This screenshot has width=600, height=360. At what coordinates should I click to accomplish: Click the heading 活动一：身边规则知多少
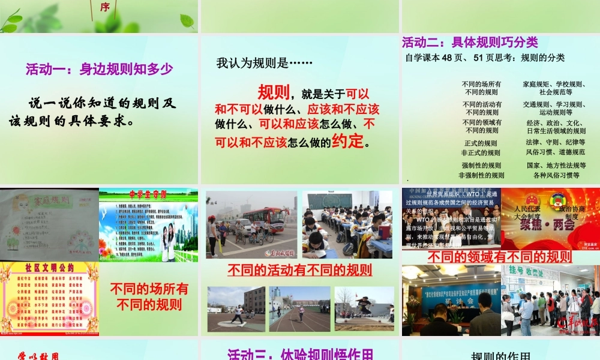pos(99,70)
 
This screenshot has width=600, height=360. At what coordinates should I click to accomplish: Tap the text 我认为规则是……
pos(265,62)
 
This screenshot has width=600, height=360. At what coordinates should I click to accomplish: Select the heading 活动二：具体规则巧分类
pos(470,43)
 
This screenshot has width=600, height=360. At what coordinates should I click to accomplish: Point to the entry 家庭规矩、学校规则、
pos(554,85)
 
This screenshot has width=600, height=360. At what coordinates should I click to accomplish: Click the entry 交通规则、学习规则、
pos(554,104)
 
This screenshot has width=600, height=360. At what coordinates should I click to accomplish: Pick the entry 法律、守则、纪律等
pos(555,143)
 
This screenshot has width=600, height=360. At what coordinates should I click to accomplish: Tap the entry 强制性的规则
pos(481,166)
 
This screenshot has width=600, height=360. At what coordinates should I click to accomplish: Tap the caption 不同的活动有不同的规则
pos(299,270)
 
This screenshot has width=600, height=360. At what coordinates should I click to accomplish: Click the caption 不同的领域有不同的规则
pos(500,257)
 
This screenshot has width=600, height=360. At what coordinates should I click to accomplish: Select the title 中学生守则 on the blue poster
pos(148,194)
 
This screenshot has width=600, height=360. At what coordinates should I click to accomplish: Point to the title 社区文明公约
pos(50,268)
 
